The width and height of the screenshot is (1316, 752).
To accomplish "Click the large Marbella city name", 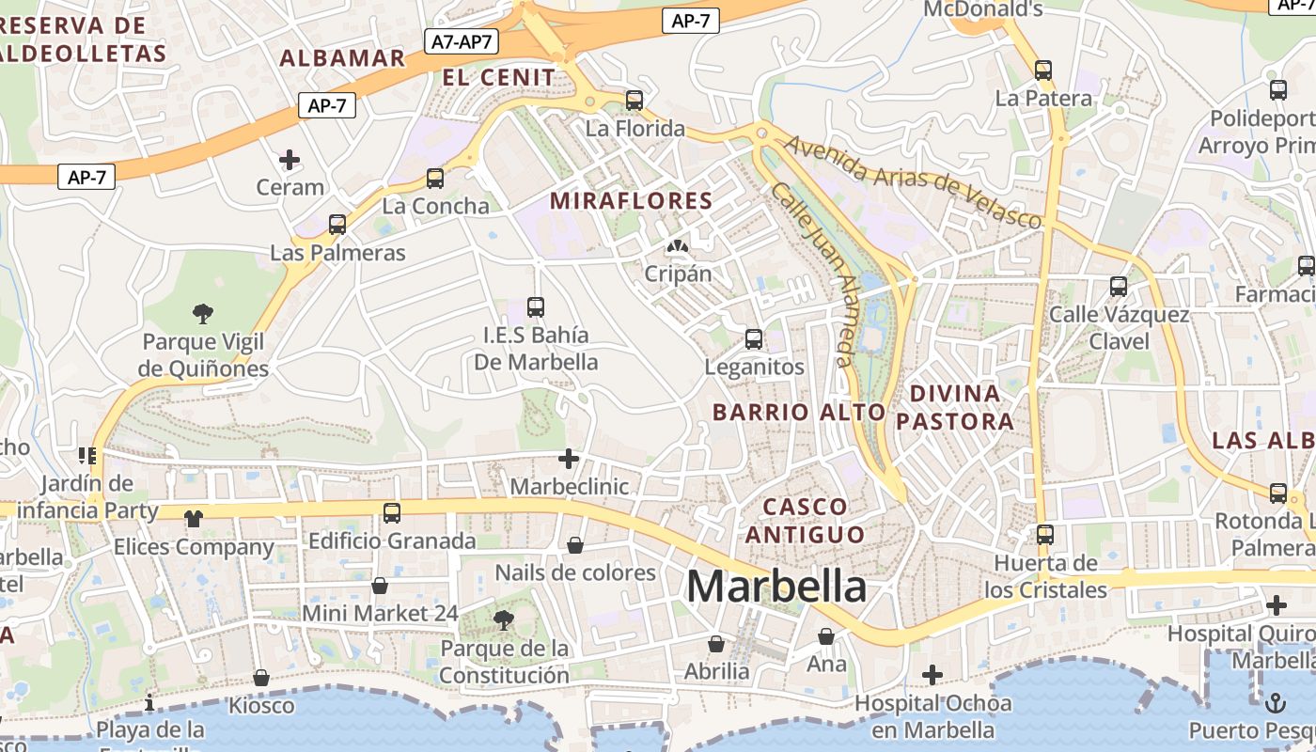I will point(776,587).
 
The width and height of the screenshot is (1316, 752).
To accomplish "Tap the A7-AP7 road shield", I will point(462,41).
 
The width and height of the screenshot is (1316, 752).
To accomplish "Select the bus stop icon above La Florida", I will point(634,100).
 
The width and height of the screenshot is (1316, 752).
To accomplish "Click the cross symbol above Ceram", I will point(290,159).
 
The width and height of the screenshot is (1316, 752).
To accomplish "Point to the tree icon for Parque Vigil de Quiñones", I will point(202,313).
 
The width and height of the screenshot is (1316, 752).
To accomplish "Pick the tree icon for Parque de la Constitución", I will point(504,619).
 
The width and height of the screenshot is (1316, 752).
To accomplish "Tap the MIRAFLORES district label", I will point(632,200).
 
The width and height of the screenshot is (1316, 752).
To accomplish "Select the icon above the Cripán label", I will point(676,246).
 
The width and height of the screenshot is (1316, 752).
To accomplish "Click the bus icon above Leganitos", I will point(754,338).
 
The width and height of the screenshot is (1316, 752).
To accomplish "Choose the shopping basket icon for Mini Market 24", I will point(380,586).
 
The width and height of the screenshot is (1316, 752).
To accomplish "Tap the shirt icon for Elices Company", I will point(194,518).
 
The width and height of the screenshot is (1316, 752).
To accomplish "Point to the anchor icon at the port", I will point(1276,701).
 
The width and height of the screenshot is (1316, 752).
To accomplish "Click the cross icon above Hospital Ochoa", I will point(932,674).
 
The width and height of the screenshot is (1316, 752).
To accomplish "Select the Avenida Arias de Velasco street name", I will point(914,181).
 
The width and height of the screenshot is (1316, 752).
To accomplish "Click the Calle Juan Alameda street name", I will point(814,273).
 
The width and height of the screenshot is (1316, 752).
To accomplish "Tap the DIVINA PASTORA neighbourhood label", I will point(955,407).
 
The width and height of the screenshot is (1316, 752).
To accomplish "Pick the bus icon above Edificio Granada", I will point(392,512).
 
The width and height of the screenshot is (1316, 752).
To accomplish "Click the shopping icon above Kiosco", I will point(261,678).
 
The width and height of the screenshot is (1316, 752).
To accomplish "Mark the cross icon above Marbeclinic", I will point(569,459).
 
